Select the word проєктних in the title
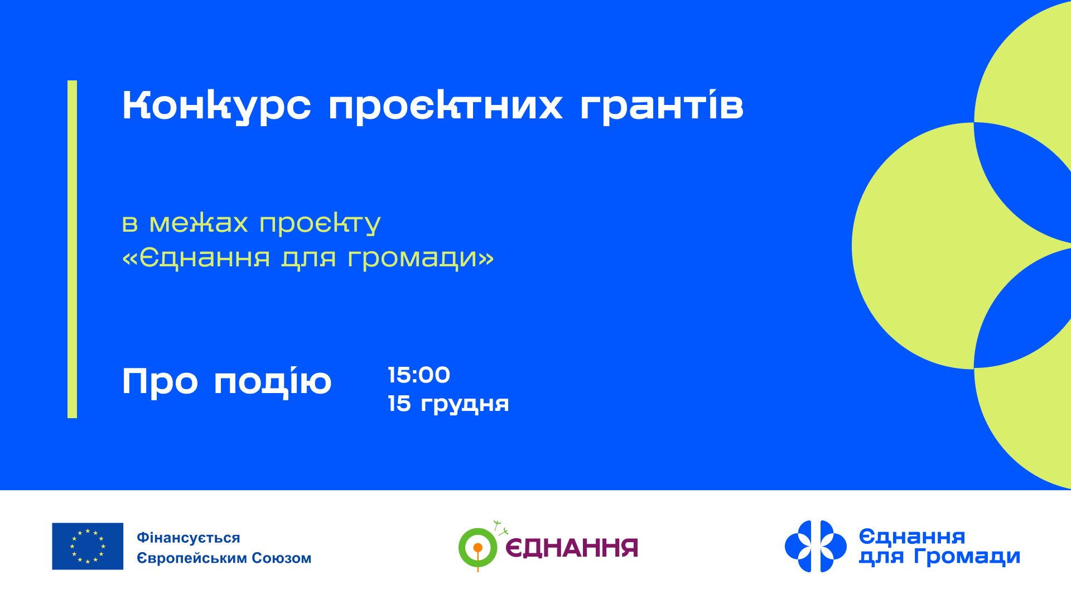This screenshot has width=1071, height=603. [x=445, y=106]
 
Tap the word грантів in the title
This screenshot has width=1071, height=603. [x=662, y=106]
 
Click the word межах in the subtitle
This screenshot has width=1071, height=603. [x=199, y=223]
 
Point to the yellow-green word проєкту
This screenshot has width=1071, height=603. [x=320, y=224]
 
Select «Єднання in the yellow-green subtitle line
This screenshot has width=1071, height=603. [x=196, y=258]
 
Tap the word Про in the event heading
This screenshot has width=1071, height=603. [x=160, y=382]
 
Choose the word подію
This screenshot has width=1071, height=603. [x=273, y=382]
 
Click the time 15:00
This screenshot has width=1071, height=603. [x=419, y=375]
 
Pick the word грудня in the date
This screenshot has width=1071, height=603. [x=465, y=404]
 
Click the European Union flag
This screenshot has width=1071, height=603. [x=88, y=546]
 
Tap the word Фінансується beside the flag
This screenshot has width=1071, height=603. [x=189, y=538]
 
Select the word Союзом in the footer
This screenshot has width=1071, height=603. [x=281, y=558]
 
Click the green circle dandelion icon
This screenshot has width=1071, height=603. [x=477, y=547]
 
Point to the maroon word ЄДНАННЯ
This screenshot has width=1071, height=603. [x=572, y=548]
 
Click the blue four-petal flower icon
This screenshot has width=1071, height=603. [x=816, y=546]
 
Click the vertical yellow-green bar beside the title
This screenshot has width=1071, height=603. [x=72, y=249]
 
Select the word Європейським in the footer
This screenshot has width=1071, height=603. [x=192, y=558]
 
